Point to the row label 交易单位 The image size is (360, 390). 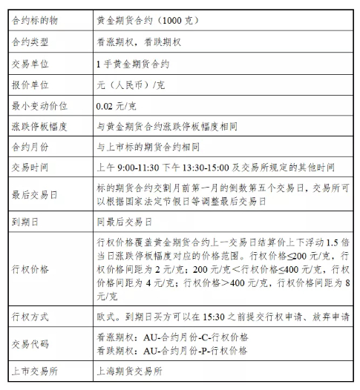30,65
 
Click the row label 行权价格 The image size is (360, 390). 30,269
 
